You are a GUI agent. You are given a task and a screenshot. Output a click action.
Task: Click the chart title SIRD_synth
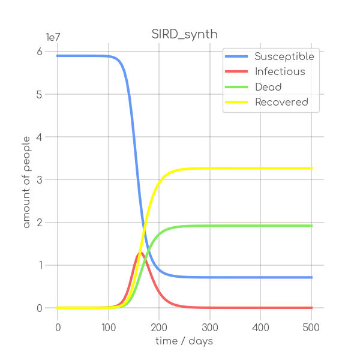pyautogui.click(x=184, y=34)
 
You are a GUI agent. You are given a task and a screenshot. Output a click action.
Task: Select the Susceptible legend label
pyautogui.click(x=284, y=56)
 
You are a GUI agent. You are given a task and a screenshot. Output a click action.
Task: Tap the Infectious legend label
pyautogui.click(x=280, y=72)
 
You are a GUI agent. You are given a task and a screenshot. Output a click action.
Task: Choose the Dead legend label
pyautogui.click(x=268, y=87)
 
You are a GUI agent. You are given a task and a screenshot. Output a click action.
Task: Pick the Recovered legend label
pyautogui.click(x=281, y=102)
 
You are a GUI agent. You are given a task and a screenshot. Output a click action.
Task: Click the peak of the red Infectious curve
pyautogui.click(x=139, y=253)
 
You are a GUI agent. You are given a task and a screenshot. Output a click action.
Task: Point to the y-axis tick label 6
pyautogui.click(x=39, y=52)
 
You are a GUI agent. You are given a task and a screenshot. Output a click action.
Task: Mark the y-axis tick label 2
pyautogui.click(x=39, y=223)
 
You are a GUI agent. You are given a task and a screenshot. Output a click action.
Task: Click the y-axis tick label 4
pyautogui.click(x=39, y=137)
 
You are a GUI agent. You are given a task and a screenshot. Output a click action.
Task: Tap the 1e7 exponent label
pyautogui.click(x=53, y=37)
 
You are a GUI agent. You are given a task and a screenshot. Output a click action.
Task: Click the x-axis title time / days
pyautogui.click(x=184, y=341)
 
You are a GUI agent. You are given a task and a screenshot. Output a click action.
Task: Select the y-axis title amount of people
pyautogui.click(x=26, y=180)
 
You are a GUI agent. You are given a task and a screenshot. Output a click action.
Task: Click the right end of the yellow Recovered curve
pyautogui.click(x=312, y=168)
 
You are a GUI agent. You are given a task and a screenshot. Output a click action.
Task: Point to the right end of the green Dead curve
pyautogui.click(x=312, y=226)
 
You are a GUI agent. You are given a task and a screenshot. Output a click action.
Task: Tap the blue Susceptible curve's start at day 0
pyautogui.click(x=58, y=56)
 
